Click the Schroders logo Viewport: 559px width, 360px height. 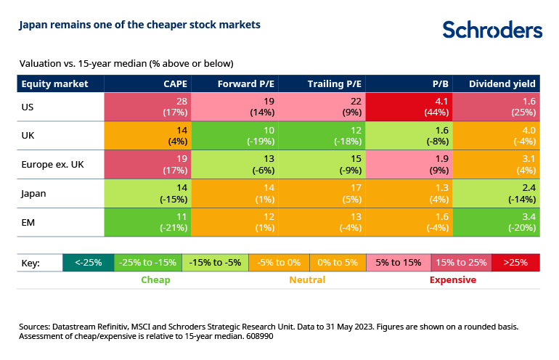(491, 30)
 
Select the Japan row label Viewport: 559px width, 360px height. (36, 194)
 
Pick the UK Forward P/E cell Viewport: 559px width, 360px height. (235, 136)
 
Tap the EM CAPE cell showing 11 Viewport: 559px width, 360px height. (148, 222)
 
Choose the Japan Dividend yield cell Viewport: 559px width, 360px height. (496, 194)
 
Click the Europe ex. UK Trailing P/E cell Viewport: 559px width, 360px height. (322, 165)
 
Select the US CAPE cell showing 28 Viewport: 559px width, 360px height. (148, 107)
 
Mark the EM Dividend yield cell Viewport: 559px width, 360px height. (496, 222)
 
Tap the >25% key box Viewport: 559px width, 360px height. (515, 262)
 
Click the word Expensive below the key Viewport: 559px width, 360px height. (453, 279)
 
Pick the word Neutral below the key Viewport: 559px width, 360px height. (307, 279)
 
